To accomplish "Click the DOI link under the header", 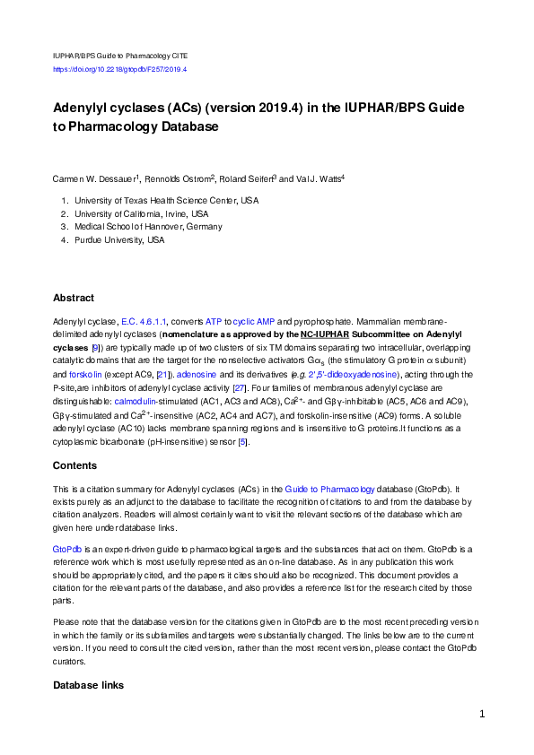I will pos(119,69).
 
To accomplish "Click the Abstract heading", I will pos(74,298).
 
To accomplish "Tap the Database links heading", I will pos(88,686).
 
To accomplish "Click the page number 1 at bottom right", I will pos(482,715).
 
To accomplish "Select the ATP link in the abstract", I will pos(213,320).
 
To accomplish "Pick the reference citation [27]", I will pos(240,387).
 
